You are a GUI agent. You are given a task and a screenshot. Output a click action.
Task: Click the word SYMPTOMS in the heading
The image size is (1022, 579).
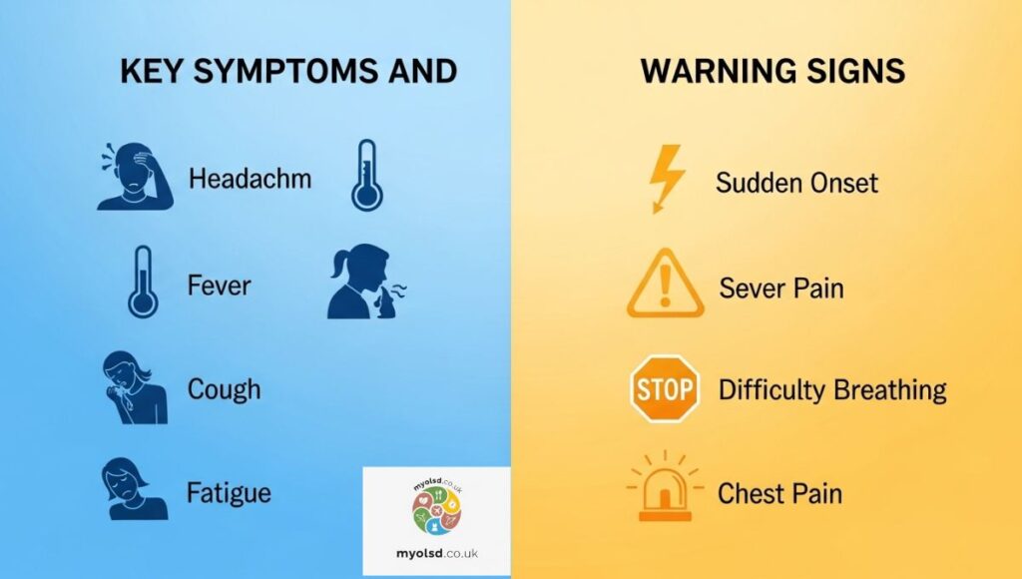coord(285,71)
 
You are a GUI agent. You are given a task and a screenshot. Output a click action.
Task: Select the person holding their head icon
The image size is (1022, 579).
coord(135,176)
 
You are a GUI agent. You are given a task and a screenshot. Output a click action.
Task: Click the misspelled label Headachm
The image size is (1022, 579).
coord(250,178)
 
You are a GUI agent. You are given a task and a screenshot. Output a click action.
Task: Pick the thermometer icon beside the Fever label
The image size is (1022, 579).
coord(143,282)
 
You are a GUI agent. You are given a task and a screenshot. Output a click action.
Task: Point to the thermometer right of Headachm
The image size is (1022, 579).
coord(367,175)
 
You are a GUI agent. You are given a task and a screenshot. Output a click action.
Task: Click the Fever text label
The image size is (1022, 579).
coord(219,285)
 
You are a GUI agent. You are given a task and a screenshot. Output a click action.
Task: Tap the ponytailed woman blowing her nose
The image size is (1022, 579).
coord(366,282)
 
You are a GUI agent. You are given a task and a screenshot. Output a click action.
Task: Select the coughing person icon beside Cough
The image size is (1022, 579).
coord(135,388)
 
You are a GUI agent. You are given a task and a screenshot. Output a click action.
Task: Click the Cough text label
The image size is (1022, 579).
coord(224,389)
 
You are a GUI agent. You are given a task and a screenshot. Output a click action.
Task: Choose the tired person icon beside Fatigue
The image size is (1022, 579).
coord(135,489)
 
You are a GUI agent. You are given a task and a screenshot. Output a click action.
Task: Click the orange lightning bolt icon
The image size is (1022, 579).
coord(666,178)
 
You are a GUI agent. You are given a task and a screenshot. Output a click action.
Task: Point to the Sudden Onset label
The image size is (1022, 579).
coord(796,183)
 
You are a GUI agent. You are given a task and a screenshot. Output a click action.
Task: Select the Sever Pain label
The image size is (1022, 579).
coord(780,288)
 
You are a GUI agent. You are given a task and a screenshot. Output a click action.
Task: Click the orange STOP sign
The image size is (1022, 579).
coord(665,388)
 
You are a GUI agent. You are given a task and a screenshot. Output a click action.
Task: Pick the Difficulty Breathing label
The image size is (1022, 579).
coord(832,390)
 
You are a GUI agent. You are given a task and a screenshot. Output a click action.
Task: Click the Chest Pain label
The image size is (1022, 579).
coord(779,493)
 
